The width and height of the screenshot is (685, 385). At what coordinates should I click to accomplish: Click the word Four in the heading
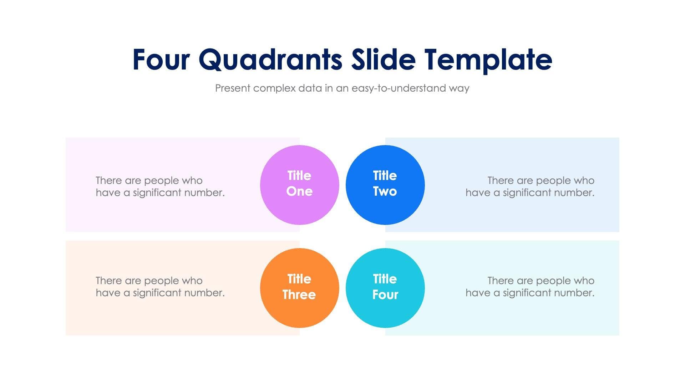click(x=161, y=60)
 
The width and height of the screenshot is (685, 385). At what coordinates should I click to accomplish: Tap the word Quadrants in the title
click(x=270, y=60)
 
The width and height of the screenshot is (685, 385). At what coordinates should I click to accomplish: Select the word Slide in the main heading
click(x=383, y=60)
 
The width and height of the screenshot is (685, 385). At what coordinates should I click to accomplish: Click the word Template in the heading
click(x=488, y=60)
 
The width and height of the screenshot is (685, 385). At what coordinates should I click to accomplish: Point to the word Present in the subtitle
click(x=232, y=88)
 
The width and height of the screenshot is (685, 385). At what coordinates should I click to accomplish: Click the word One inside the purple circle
click(x=299, y=191)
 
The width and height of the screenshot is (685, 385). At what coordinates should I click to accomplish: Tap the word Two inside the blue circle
click(x=385, y=191)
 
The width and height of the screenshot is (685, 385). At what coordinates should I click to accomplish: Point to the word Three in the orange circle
click(x=299, y=295)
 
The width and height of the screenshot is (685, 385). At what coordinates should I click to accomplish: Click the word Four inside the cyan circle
click(x=385, y=295)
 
